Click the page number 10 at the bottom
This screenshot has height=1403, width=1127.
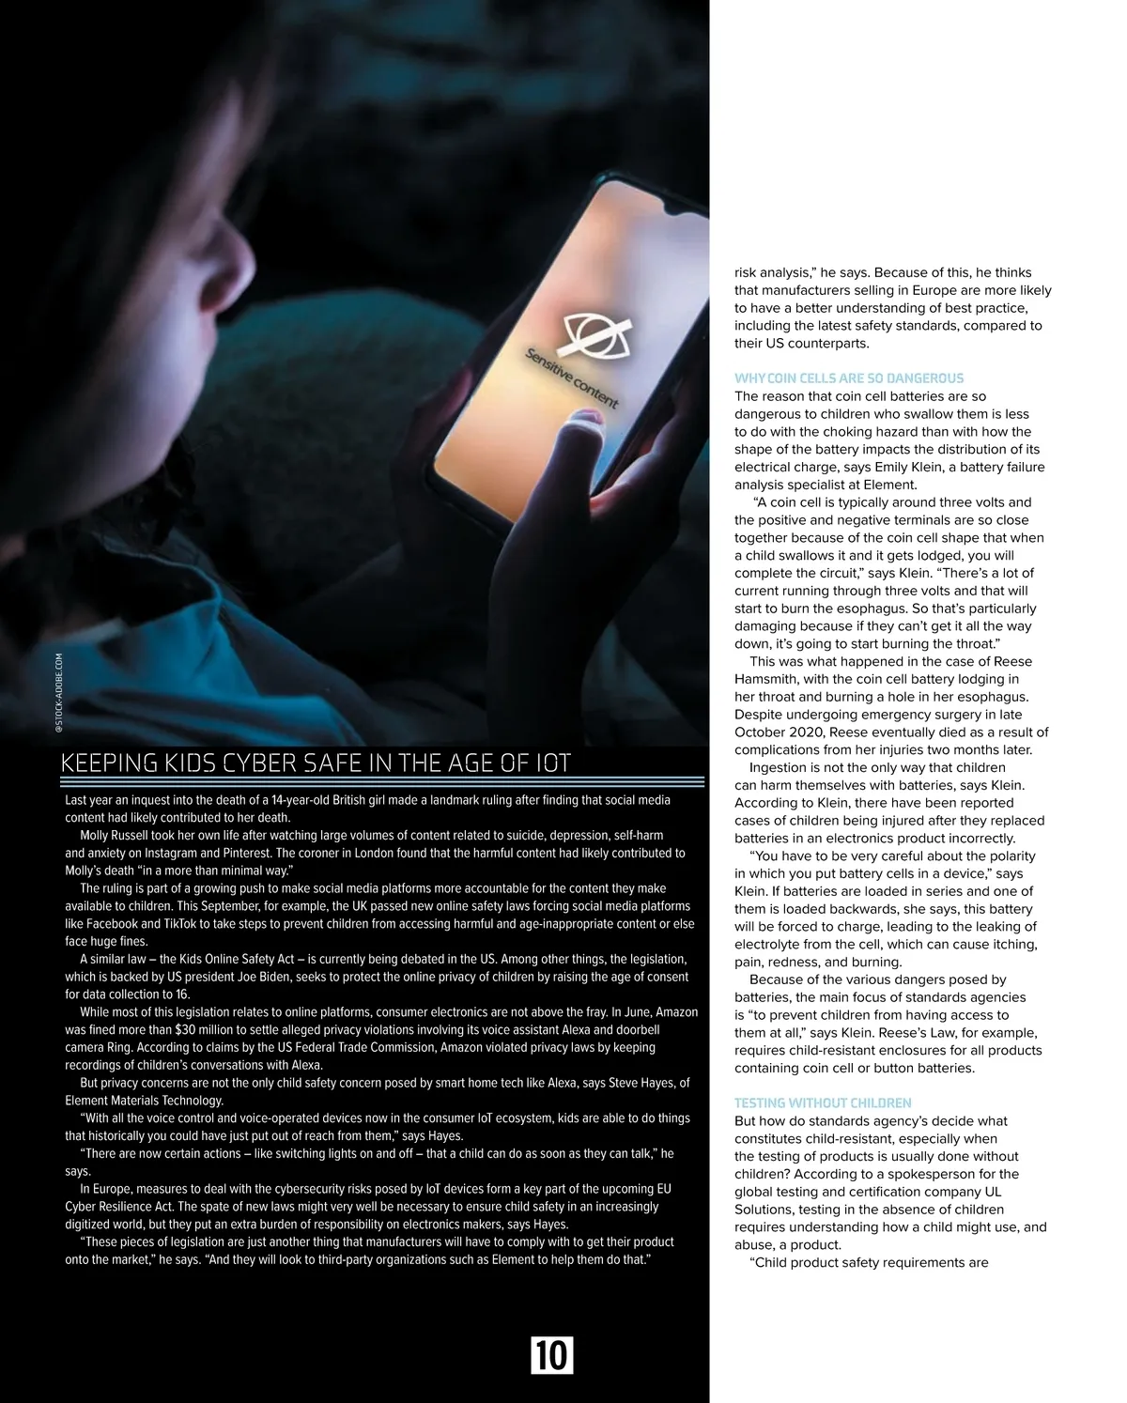pos(551,1355)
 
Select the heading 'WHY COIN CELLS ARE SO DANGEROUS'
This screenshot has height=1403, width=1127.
pos(848,378)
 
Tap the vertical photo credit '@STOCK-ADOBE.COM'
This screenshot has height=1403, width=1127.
pos(58,694)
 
